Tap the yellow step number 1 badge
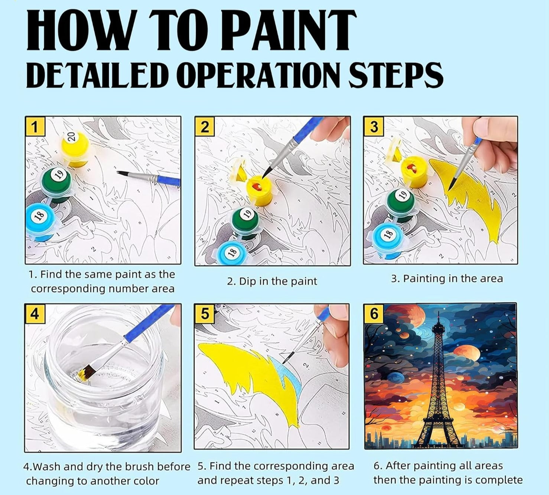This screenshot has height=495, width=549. pyautogui.click(x=35, y=127)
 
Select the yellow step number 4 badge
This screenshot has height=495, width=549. pyautogui.click(x=35, y=314)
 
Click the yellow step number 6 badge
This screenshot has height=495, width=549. pyautogui.click(x=374, y=313)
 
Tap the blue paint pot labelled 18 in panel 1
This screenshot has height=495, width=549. pyautogui.click(x=42, y=221)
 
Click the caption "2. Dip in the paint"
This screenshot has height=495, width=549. pyautogui.click(x=272, y=281)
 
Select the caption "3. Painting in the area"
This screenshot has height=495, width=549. pyautogui.click(x=446, y=279)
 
